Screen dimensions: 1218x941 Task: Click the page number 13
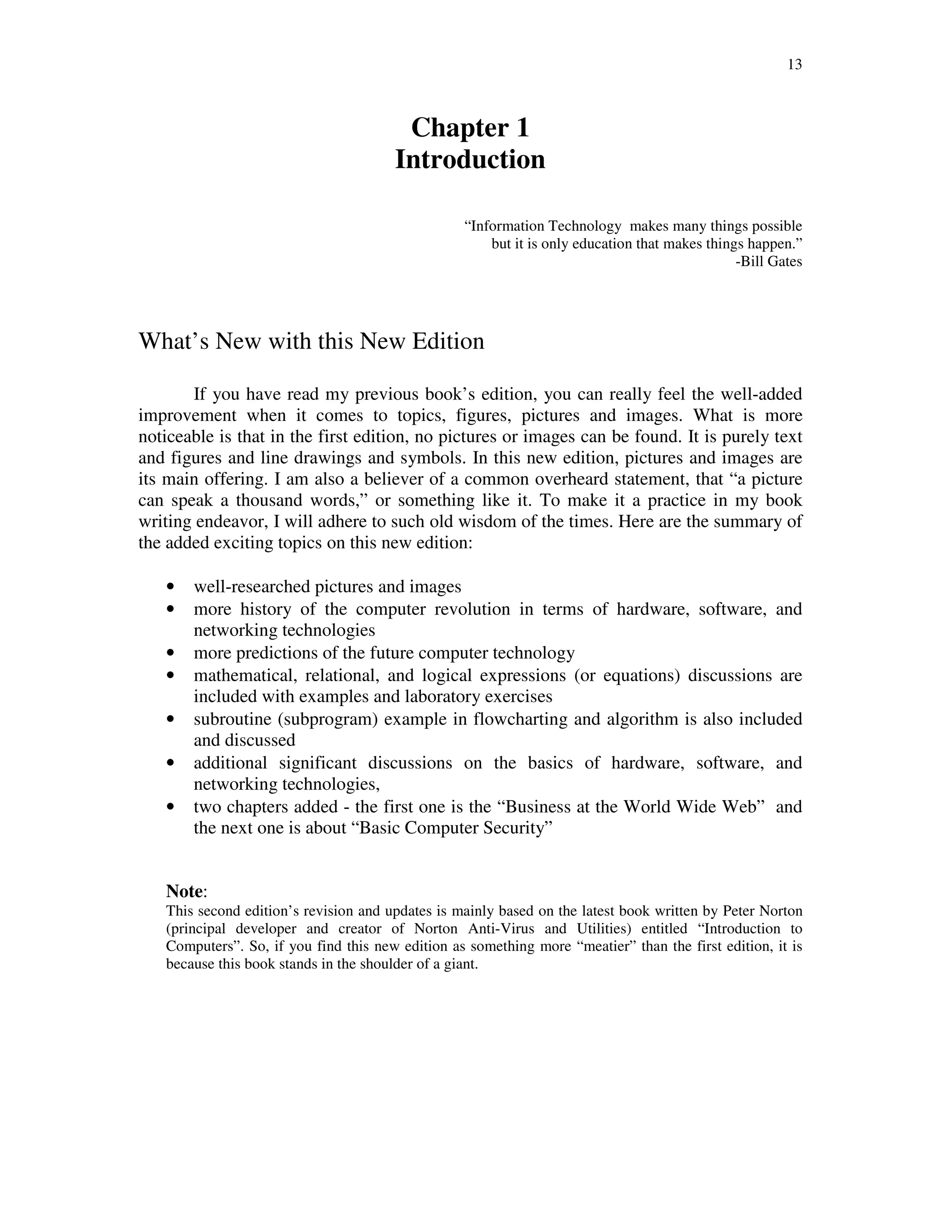tap(794, 65)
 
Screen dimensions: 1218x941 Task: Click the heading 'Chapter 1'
tap(470, 128)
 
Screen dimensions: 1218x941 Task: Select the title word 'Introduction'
tap(470, 159)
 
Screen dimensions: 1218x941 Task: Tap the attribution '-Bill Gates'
tap(769, 262)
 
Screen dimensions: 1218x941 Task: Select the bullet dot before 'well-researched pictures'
tap(170, 586)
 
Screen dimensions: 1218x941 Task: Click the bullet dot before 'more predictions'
tap(170, 653)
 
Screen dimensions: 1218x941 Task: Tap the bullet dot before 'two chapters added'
tap(170, 807)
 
